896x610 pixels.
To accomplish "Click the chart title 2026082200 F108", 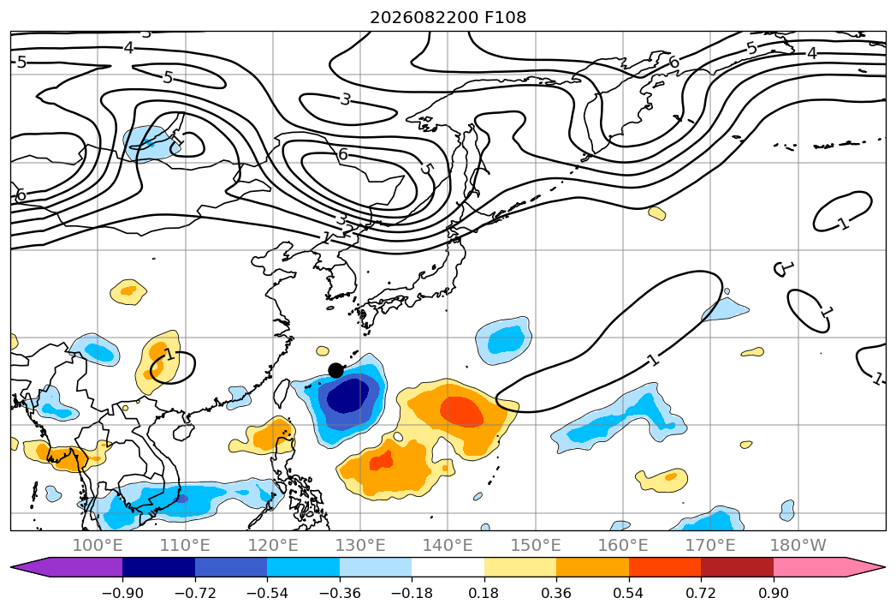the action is (448, 18).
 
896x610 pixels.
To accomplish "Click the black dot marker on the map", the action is (336, 370).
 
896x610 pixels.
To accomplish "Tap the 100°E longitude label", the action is (98, 545).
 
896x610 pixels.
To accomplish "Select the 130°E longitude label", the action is (360, 545).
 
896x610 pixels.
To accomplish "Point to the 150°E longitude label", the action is (536, 545).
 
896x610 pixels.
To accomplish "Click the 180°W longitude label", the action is (798, 545).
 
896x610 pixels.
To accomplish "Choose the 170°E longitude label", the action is (710, 545).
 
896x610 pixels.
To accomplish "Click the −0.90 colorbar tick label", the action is (122, 593).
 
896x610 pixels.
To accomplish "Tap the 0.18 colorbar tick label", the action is (484, 593).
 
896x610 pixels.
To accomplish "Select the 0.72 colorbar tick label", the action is (701, 593).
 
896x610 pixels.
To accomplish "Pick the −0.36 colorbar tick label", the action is (340, 593).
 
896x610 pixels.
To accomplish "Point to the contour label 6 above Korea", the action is (343, 154).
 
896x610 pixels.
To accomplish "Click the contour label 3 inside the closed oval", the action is (345, 99).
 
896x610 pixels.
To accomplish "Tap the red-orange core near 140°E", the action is (463, 411).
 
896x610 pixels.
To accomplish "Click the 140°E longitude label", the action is (448, 545).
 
